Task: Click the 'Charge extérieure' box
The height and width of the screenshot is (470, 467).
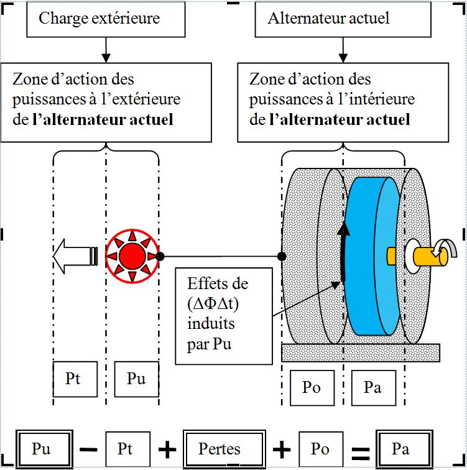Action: click(x=106, y=19)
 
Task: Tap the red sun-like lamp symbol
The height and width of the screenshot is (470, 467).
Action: click(x=131, y=256)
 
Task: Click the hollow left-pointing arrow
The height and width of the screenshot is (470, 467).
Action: click(x=75, y=256)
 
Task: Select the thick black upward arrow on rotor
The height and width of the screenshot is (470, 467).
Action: click(x=343, y=255)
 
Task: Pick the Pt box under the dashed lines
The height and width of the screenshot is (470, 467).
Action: click(x=75, y=379)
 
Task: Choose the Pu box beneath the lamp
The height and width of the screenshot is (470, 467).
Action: click(x=136, y=379)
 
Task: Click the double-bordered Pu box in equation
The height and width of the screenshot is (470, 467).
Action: click(x=41, y=449)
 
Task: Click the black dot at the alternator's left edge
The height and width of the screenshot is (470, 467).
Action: click(x=282, y=256)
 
